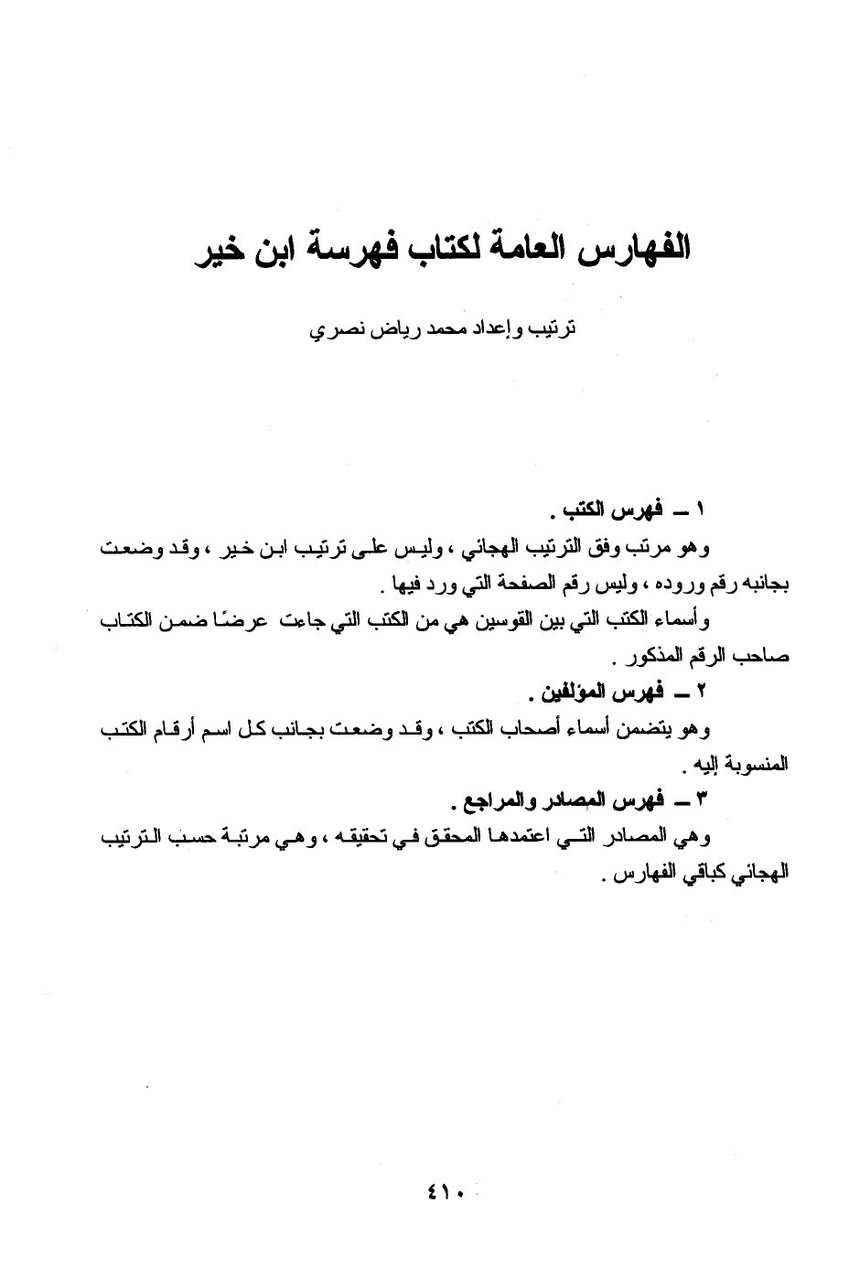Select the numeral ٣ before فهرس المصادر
(x=702, y=799)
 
